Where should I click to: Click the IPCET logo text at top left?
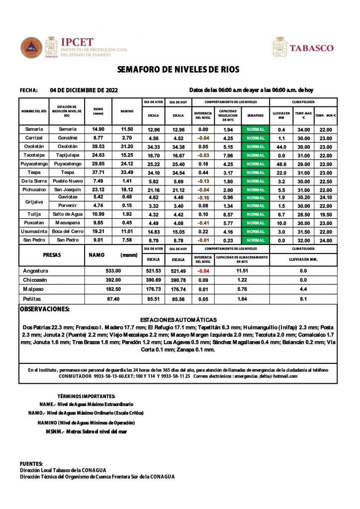point(77,42)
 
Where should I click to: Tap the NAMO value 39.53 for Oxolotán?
point(98,147)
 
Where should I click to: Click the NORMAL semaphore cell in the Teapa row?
point(256,172)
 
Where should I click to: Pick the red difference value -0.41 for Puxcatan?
point(202,223)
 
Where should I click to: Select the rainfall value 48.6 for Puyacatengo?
point(281,164)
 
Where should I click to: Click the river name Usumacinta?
point(34,232)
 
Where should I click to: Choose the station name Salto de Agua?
point(67,214)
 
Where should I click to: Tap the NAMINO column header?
point(127,111)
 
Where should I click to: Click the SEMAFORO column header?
point(256,115)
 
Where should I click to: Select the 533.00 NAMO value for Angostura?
point(113,271)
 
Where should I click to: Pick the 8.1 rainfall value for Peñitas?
point(303,299)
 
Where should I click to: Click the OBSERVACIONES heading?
point(44,309)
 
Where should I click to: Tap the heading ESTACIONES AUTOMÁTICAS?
point(179,320)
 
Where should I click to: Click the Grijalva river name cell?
point(34,201)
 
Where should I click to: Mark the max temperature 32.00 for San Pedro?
point(303,240)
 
